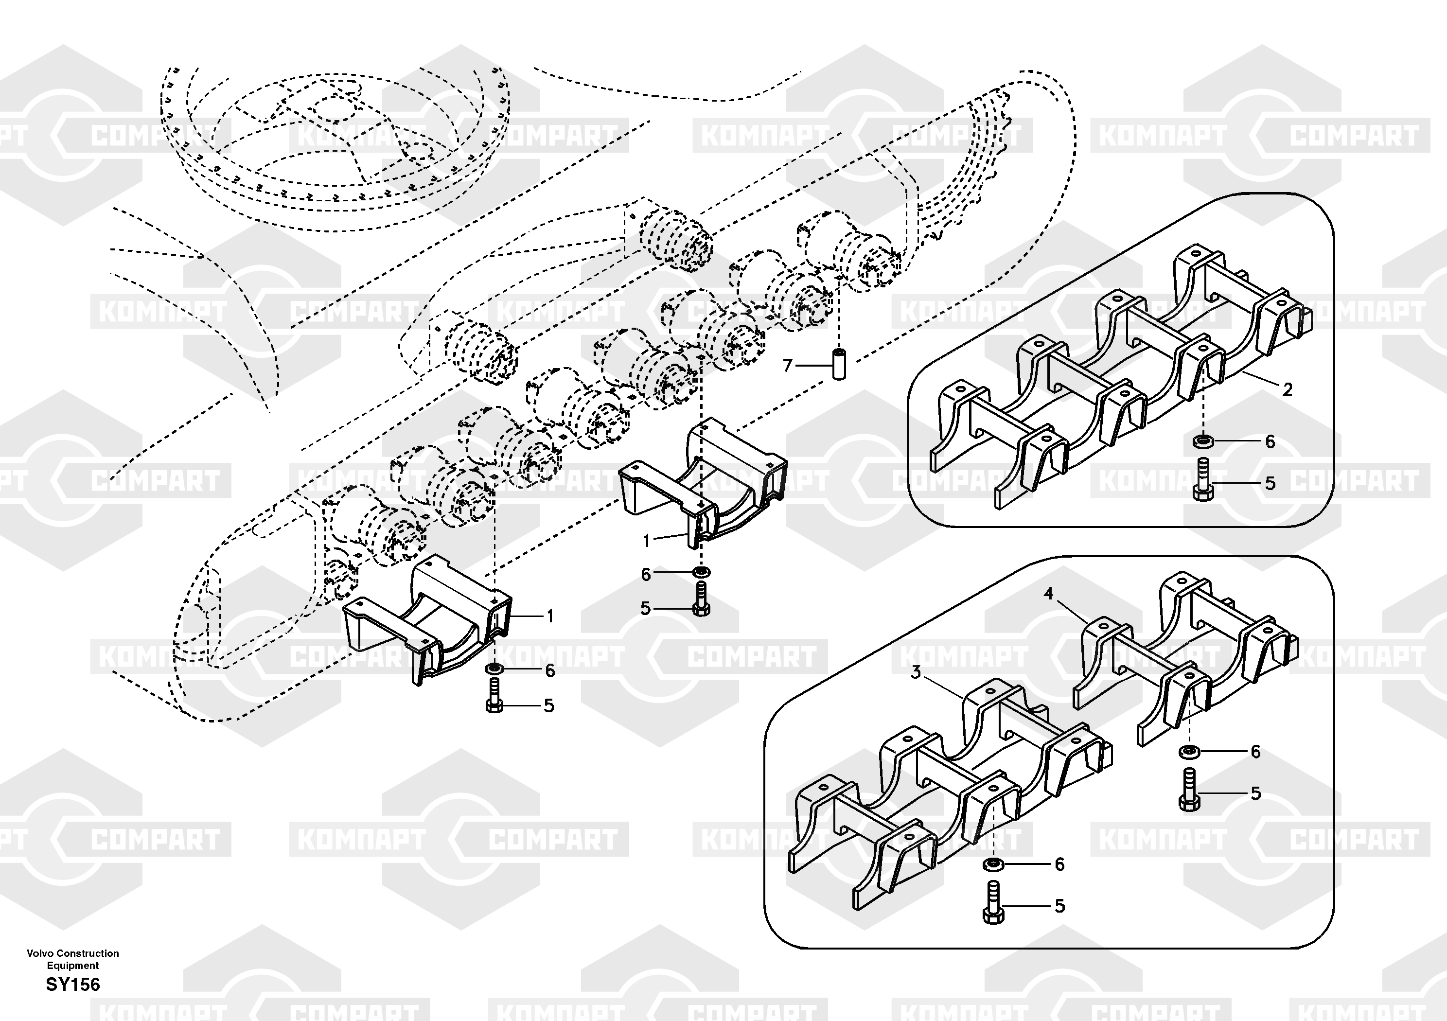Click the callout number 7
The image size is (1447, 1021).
click(x=787, y=366)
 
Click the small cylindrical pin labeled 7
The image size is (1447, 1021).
click(x=839, y=364)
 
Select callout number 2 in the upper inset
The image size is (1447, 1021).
click(x=1288, y=389)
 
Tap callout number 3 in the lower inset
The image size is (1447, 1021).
click(x=916, y=672)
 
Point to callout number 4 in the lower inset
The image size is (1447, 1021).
click(x=1048, y=594)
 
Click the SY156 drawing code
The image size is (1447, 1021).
click(x=72, y=985)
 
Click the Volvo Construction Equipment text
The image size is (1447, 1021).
click(x=72, y=959)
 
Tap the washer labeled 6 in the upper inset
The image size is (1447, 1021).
click(x=1200, y=441)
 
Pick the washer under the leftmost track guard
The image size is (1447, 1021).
click(x=494, y=668)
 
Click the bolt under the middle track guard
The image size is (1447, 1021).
click(x=701, y=600)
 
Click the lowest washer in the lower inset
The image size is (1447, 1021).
click(x=992, y=863)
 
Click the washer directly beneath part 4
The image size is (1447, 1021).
click(x=1189, y=751)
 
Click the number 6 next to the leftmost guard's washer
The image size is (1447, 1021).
click(x=550, y=670)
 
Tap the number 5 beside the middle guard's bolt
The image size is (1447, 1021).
click(x=645, y=609)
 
